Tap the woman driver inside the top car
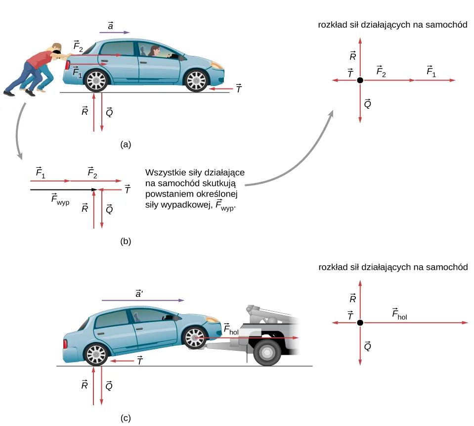pos(154,52)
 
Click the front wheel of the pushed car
pos(197,80)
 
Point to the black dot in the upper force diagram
pos(360,80)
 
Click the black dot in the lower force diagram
pos(360,323)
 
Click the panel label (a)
pos(125,144)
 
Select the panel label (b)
pos(125,242)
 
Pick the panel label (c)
pos(125,418)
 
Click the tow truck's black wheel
pos(267,352)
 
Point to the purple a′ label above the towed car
pos(140,293)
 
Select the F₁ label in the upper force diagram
pos(431,72)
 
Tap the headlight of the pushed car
pos(216,65)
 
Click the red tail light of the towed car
pos(64,343)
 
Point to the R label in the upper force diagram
pos(353,56)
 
